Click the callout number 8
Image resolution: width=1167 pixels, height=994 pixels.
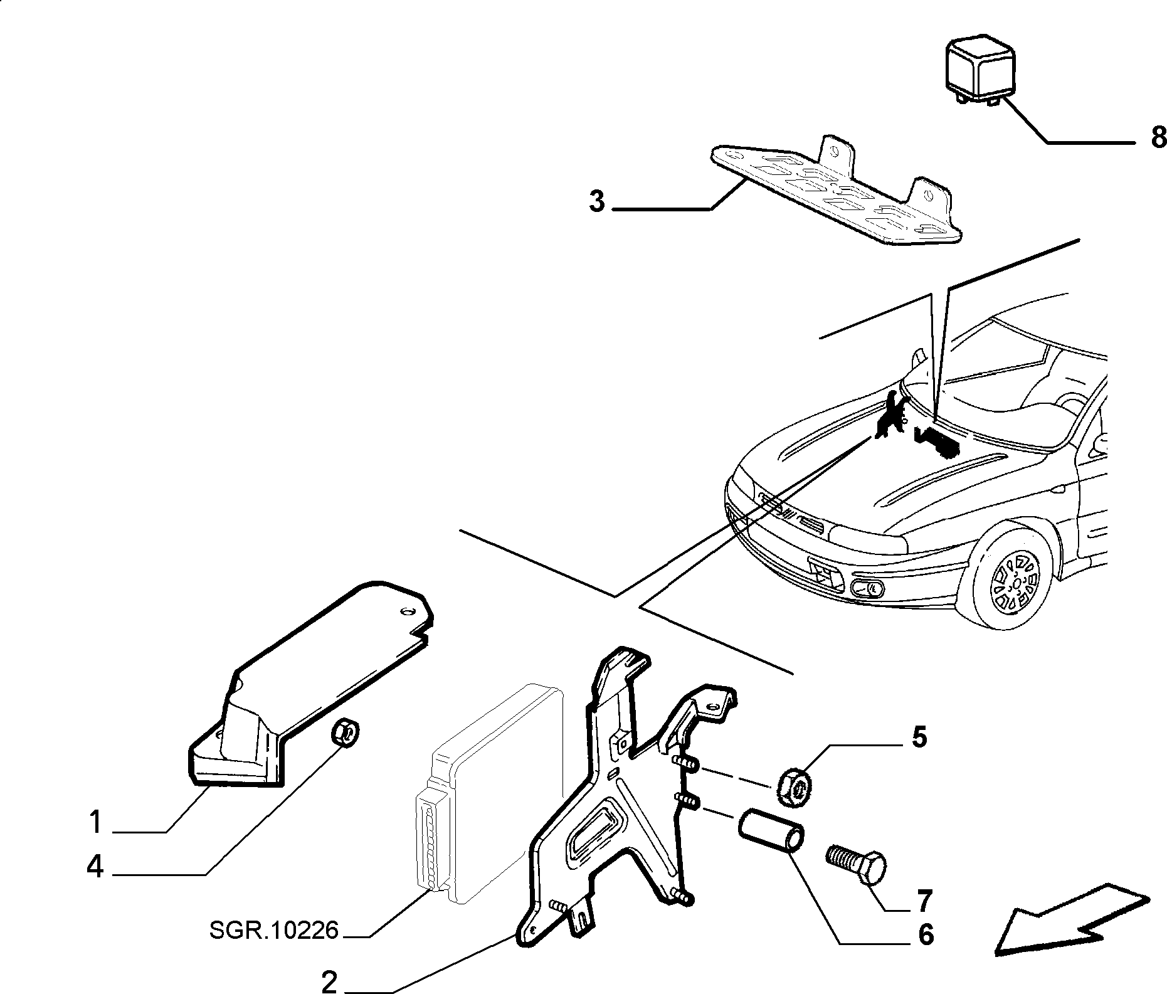click(x=1158, y=136)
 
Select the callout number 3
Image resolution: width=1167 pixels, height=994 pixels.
click(x=597, y=202)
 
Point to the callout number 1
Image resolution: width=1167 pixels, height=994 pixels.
click(x=95, y=822)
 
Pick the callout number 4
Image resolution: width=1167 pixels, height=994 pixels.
click(x=95, y=868)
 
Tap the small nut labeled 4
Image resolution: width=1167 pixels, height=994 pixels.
click(x=345, y=732)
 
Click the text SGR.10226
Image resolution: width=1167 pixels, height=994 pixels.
click(x=274, y=929)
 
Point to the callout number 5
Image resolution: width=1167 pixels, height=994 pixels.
click(x=919, y=738)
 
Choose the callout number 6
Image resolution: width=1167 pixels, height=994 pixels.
click(x=926, y=934)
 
